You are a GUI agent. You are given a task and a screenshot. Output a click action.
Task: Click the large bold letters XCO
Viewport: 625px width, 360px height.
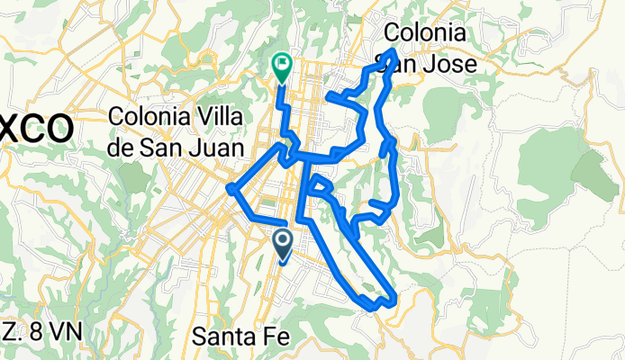(x=36, y=128)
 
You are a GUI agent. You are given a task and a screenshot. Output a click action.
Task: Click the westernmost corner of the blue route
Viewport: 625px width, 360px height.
(x=231, y=188)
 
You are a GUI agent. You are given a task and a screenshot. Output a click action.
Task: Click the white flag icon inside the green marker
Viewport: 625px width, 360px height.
(x=282, y=64)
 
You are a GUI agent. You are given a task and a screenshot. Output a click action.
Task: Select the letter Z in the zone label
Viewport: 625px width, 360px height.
(x=7, y=331)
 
